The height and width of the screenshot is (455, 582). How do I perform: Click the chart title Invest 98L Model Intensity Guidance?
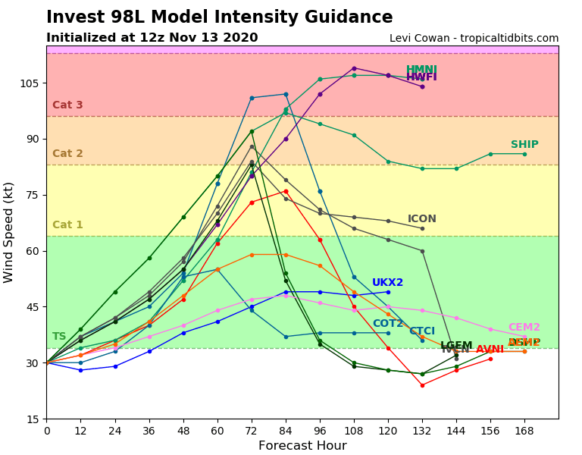(x=220, y=17)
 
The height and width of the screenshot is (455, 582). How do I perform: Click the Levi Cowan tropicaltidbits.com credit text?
(x=474, y=39)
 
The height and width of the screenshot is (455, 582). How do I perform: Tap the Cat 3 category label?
(x=67, y=105)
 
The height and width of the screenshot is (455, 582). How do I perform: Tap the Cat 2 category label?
(x=67, y=154)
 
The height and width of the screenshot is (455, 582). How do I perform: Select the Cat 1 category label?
(x=67, y=225)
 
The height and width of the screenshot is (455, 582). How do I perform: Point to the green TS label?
(x=59, y=337)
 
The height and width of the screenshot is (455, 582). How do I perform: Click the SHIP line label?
(x=524, y=145)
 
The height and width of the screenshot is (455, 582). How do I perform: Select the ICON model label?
(x=422, y=219)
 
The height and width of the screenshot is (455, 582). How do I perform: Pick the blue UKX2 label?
(x=387, y=283)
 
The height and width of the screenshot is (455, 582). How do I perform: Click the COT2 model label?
(x=388, y=324)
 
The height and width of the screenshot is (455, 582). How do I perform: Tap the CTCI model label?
(x=422, y=331)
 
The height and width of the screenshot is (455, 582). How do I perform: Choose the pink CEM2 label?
(x=524, y=328)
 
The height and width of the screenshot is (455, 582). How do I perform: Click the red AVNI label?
(x=490, y=350)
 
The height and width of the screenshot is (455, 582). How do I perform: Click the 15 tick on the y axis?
(x=34, y=419)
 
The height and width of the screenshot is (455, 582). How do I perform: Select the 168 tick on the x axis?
(x=524, y=430)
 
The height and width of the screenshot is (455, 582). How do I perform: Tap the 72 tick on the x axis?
(x=252, y=430)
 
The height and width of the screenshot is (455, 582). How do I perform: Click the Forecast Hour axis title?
(x=302, y=446)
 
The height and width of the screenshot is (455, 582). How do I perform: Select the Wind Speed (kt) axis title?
(x=9, y=232)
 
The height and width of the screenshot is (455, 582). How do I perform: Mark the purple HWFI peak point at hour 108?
(x=354, y=68)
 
